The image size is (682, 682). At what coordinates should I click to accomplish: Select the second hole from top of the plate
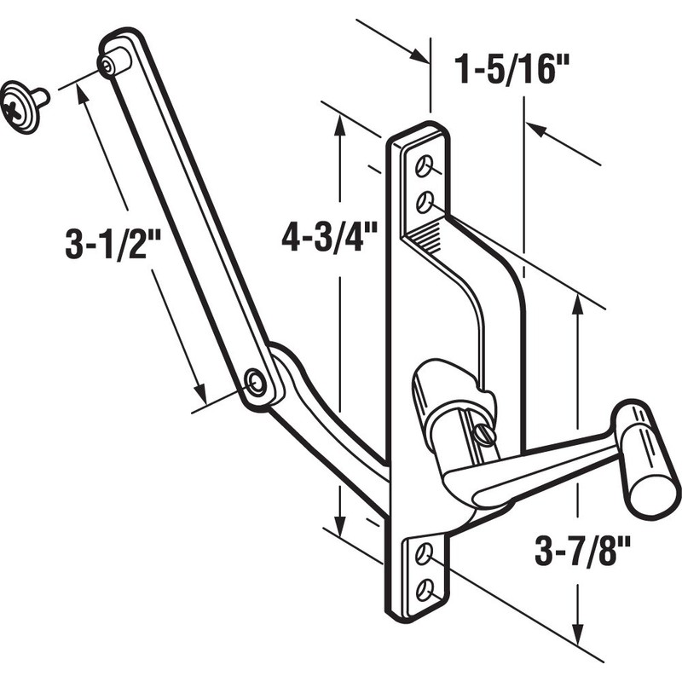click(x=424, y=202)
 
